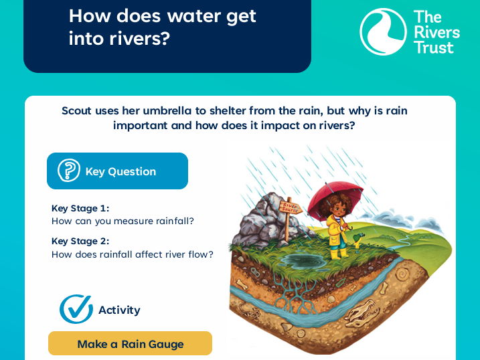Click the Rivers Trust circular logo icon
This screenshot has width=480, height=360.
tap(382, 31)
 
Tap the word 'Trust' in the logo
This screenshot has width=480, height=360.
tap(433, 48)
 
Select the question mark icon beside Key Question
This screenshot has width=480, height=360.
tap(68, 171)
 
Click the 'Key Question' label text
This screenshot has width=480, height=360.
tap(121, 171)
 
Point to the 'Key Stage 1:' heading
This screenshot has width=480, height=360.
tap(80, 208)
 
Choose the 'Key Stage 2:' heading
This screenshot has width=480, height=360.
tap(80, 242)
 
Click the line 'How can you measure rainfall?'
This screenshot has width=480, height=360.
tap(123, 221)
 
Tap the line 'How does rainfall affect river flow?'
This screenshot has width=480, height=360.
tap(133, 254)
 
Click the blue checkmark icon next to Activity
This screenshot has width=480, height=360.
tap(76, 309)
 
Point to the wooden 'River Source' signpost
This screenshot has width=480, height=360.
tap(289, 209)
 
